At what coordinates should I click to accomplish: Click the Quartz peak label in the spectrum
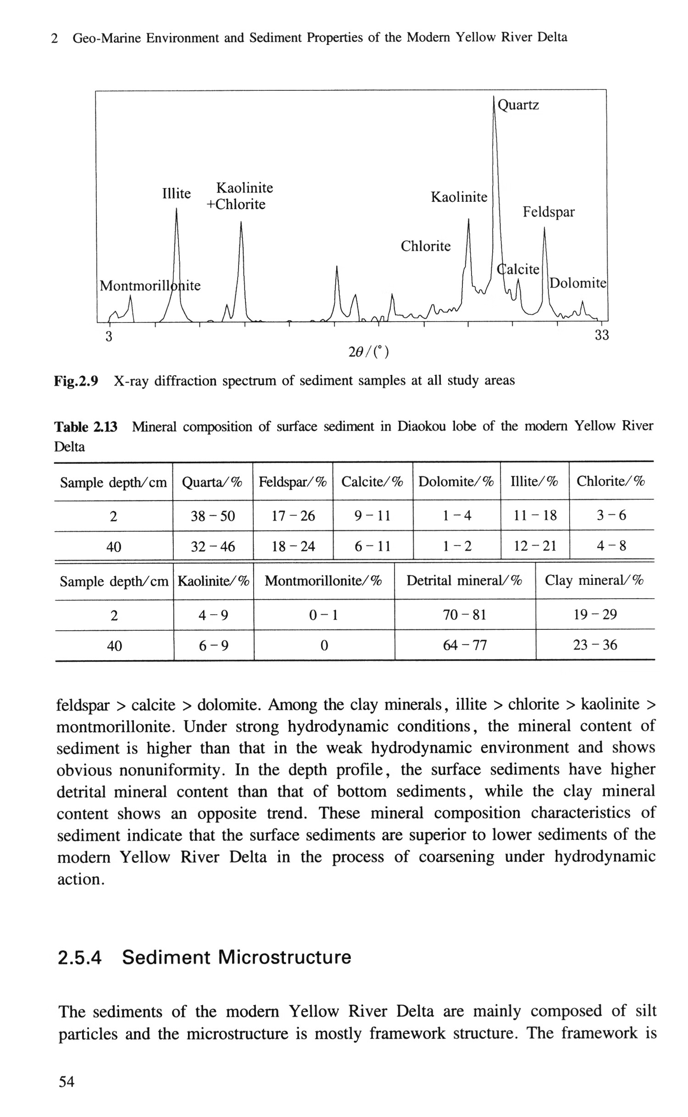click(518, 106)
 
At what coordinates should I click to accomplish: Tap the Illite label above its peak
click(177, 194)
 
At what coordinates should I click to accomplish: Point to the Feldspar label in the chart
click(549, 212)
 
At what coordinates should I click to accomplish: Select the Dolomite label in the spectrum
click(578, 283)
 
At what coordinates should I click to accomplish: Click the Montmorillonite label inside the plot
click(150, 286)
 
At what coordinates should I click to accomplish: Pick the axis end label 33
click(602, 335)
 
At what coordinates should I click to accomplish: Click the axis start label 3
click(109, 337)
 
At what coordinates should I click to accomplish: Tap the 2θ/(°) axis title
click(368, 352)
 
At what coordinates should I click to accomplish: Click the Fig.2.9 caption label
click(76, 381)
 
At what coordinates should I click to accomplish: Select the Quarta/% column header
click(212, 482)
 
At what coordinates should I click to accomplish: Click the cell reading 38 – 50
click(212, 516)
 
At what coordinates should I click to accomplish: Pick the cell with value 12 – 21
click(535, 546)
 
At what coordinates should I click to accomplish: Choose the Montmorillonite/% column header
click(323, 581)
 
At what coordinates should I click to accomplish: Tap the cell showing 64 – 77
click(465, 645)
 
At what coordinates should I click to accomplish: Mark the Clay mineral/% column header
click(594, 581)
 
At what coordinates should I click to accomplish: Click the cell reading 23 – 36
click(595, 645)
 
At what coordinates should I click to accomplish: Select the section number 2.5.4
click(79, 957)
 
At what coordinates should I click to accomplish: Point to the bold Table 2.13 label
click(86, 427)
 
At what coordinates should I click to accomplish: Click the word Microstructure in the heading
click(284, 957)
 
